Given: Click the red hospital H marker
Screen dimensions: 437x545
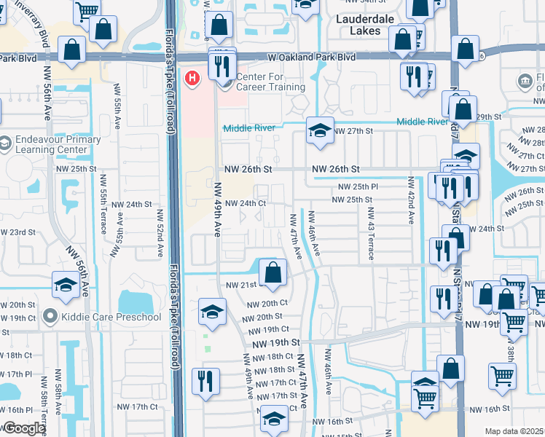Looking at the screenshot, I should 192,77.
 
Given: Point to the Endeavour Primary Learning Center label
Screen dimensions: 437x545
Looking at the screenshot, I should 49,145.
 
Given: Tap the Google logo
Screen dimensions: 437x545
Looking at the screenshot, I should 23,429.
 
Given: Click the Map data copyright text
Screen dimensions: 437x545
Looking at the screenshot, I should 514,431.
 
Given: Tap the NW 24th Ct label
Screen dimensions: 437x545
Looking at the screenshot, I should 246,203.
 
